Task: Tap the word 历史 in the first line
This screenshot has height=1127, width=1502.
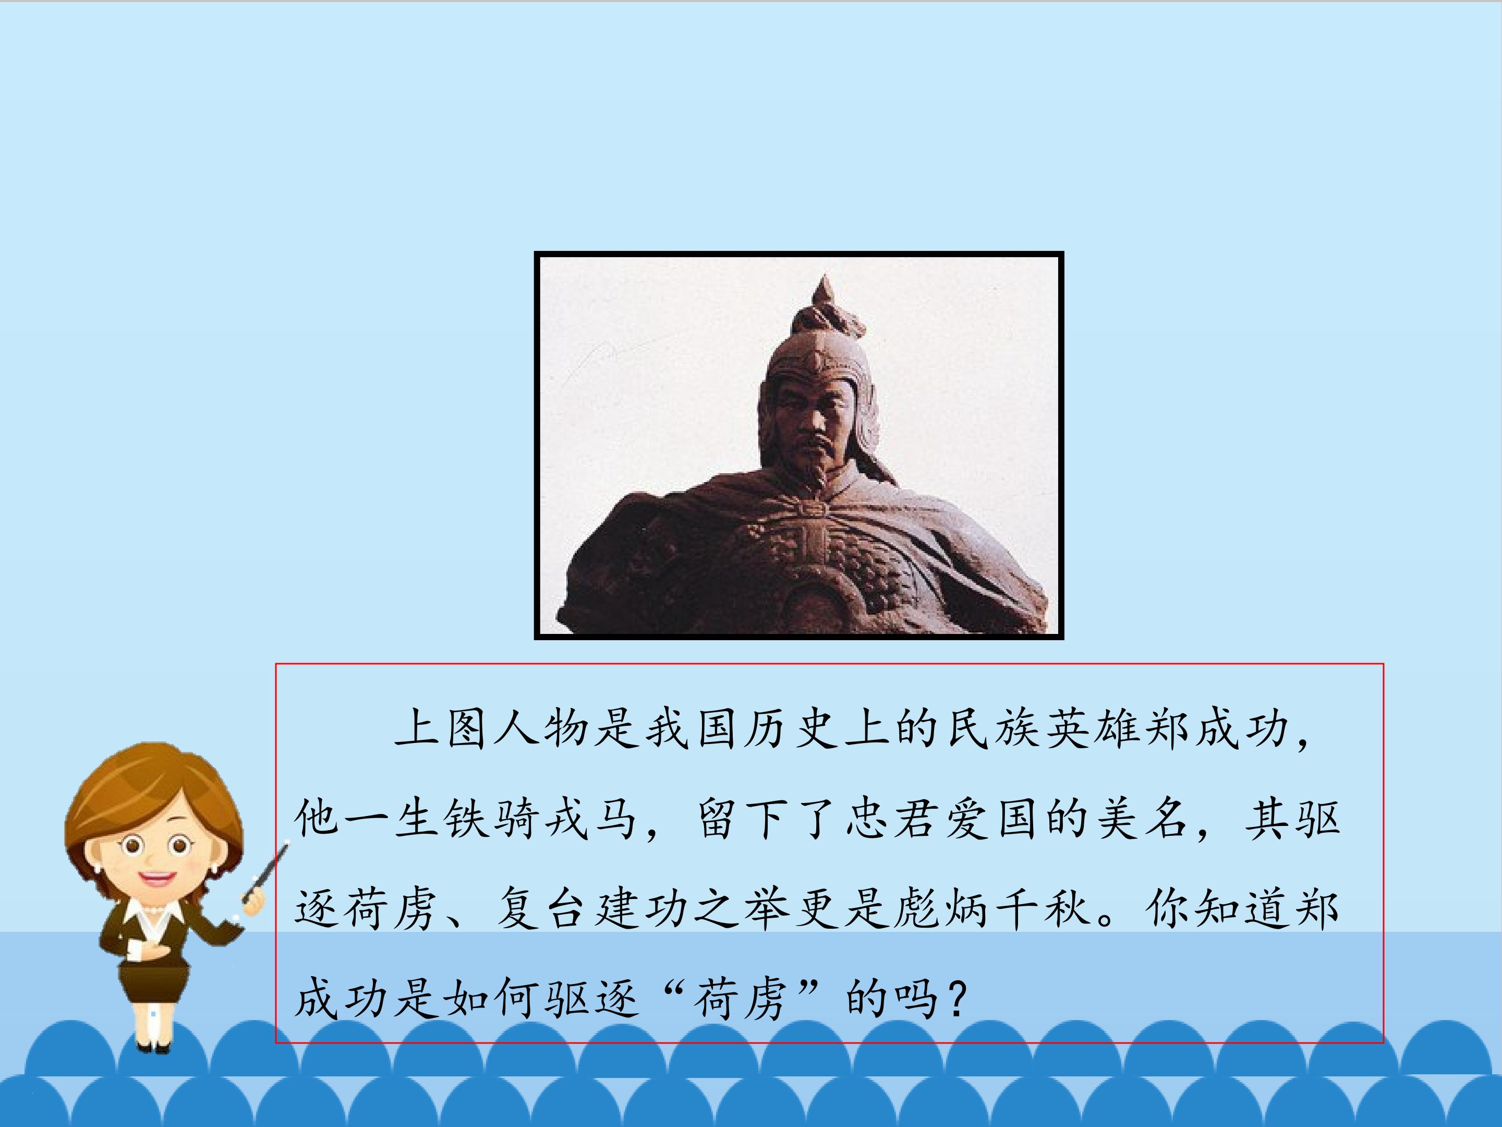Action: [x=792, y=729]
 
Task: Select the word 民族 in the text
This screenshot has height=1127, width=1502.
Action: [x=994, y=729]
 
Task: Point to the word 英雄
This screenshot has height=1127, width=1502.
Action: [x=1095, y=729]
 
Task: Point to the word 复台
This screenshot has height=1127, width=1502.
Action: [x=540, y=909]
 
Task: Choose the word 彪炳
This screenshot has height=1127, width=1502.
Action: [x=944, y=909]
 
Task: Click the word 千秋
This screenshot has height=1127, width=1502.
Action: [x=1044, y=909]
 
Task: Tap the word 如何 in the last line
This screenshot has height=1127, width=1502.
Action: [x=491, y=999]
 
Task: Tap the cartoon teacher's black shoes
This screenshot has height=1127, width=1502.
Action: [x=153, y=1047]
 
